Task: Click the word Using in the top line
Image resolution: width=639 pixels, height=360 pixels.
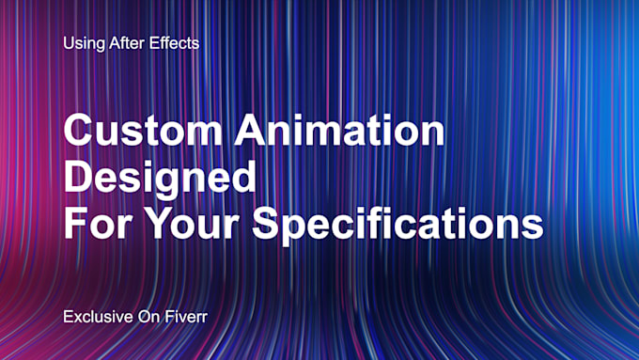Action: pyautogui.click(x=83, y=43)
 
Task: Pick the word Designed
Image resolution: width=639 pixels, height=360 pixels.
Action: pyautogui.click(x=160, y=179)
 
